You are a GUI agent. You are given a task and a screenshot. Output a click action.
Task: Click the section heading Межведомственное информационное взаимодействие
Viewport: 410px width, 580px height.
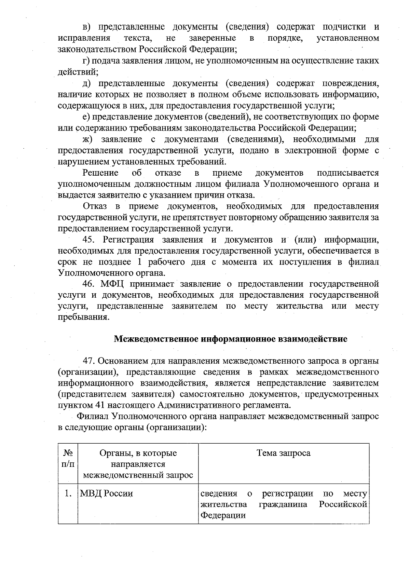pyautogui.click(x=230, y=339)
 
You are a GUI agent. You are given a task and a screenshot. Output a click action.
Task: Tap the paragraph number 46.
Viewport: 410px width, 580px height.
pyautogui.click(x=90, y=284)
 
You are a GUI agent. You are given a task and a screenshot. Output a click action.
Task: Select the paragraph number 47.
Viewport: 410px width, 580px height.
pyautogui.click(x=90, y=361)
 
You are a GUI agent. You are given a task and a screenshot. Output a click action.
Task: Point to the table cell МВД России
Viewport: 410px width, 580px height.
pyautogui.click(x=106, y=494)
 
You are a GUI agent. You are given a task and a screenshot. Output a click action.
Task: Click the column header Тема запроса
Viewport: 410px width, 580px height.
pyautogui.click(x=283, y=453)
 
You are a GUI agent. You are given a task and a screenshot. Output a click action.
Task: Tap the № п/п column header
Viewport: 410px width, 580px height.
pyautogui.click(x=68, y=459)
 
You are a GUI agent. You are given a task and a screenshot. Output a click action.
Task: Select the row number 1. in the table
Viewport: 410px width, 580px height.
pyautogui.click(x=68, y=494)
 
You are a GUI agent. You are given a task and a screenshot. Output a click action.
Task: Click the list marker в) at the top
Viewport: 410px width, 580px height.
pyautogui.click(x=87, y=27)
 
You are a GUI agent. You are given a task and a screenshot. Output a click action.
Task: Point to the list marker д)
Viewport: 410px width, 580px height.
pyautogui.click(x=87, y=83)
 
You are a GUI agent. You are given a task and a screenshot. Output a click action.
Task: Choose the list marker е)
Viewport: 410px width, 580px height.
pyautogui.click(x=86, y=117)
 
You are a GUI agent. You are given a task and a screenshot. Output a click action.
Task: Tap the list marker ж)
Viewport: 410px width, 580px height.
pyautogui.click(x=88, y=139)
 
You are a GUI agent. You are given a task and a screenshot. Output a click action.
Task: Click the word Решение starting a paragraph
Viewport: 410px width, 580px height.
pyautogui.click(x=100, y=173)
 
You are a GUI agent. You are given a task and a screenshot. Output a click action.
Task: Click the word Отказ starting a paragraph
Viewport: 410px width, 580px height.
pyautogui.click(x=95, y=206)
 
